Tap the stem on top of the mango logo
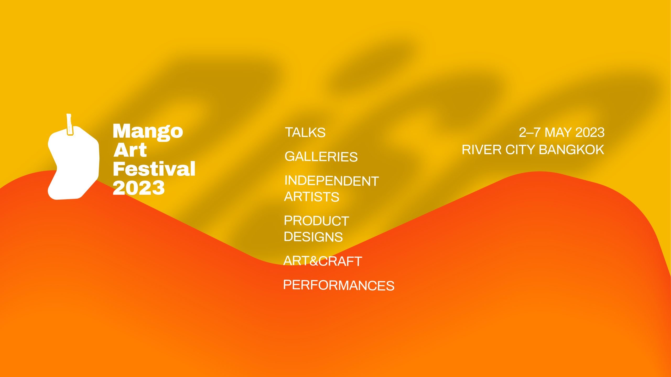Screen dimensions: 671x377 pyautogui.click(x=69, y=125)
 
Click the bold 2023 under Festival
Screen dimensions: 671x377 pyautogui.click(x=139, y=188)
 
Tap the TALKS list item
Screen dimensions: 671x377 pyautogui.click(x=305, y=132)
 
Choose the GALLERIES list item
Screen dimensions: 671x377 pyautogui.click(x=321, y=157)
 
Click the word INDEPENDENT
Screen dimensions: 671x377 pyautogui.click(x=332, y=181)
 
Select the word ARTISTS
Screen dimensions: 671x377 pyautogui.click(x=312, y=197)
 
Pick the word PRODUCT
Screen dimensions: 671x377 pyautogui.click(x=316, y=221)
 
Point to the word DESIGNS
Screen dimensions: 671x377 pyautogui.click(x=313, y=237)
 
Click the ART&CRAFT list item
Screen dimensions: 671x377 pyautogui.click(x=323, y=261)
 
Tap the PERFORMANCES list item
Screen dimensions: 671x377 pyautogui.click(x=339, y=285)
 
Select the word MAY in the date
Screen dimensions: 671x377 pyautogui.click(x=558, y=132)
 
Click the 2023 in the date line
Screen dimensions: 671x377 pyautogui.click(x=590, y=132)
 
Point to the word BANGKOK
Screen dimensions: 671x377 pyautogui.click(x=571, y=150)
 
